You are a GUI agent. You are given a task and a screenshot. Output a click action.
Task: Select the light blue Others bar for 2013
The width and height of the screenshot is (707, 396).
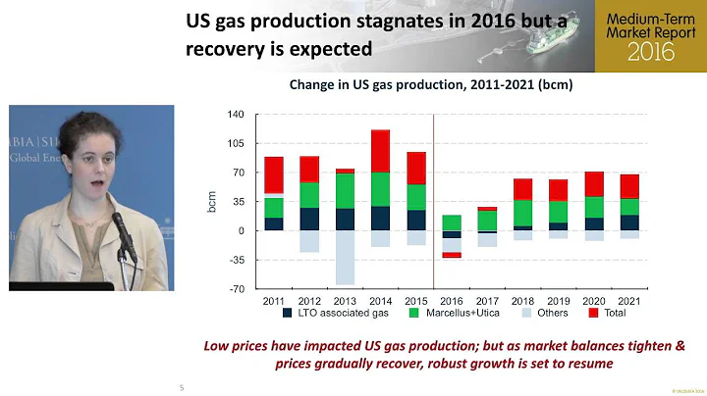click(345, 257)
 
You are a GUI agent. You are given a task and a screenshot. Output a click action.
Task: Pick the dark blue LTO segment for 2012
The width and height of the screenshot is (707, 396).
click(309, 219)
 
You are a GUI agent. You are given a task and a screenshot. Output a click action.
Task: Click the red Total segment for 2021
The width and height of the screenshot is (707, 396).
click(629, 186)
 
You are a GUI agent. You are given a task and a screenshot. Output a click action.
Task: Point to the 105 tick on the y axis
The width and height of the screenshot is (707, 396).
click(236, 143)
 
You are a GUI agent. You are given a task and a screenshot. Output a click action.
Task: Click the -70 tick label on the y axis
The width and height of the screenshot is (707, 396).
click(235, 289)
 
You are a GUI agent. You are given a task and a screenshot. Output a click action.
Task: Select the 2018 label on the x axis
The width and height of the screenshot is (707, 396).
click(522, 300)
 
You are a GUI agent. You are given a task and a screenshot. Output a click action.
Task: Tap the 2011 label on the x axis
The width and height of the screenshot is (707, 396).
click(274, 300)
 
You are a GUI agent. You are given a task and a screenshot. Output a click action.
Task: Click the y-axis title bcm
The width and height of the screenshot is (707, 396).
click(211, 202)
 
